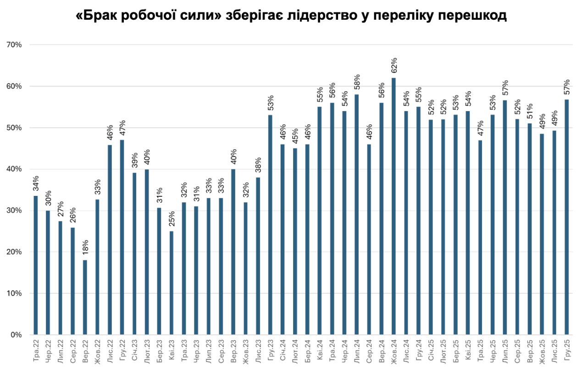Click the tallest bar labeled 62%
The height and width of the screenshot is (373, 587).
pos(394,206)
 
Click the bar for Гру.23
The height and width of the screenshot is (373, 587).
pos(270,225)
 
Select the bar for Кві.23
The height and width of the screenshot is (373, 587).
pos(172,283)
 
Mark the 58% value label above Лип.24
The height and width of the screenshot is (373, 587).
pos(357,83)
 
